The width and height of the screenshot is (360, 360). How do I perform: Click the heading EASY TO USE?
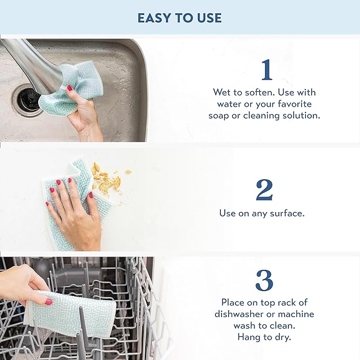[x=179, y=17]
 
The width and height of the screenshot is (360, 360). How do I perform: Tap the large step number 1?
[x=267, y=70]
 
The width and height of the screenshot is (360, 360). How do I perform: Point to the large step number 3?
[x=264, y=280]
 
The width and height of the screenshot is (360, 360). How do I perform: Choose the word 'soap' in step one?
[x=219, y=115]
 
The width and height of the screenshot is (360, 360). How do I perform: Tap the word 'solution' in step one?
[x=301, y=115]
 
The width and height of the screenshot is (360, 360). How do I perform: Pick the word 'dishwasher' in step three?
[x=240, y=314]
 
